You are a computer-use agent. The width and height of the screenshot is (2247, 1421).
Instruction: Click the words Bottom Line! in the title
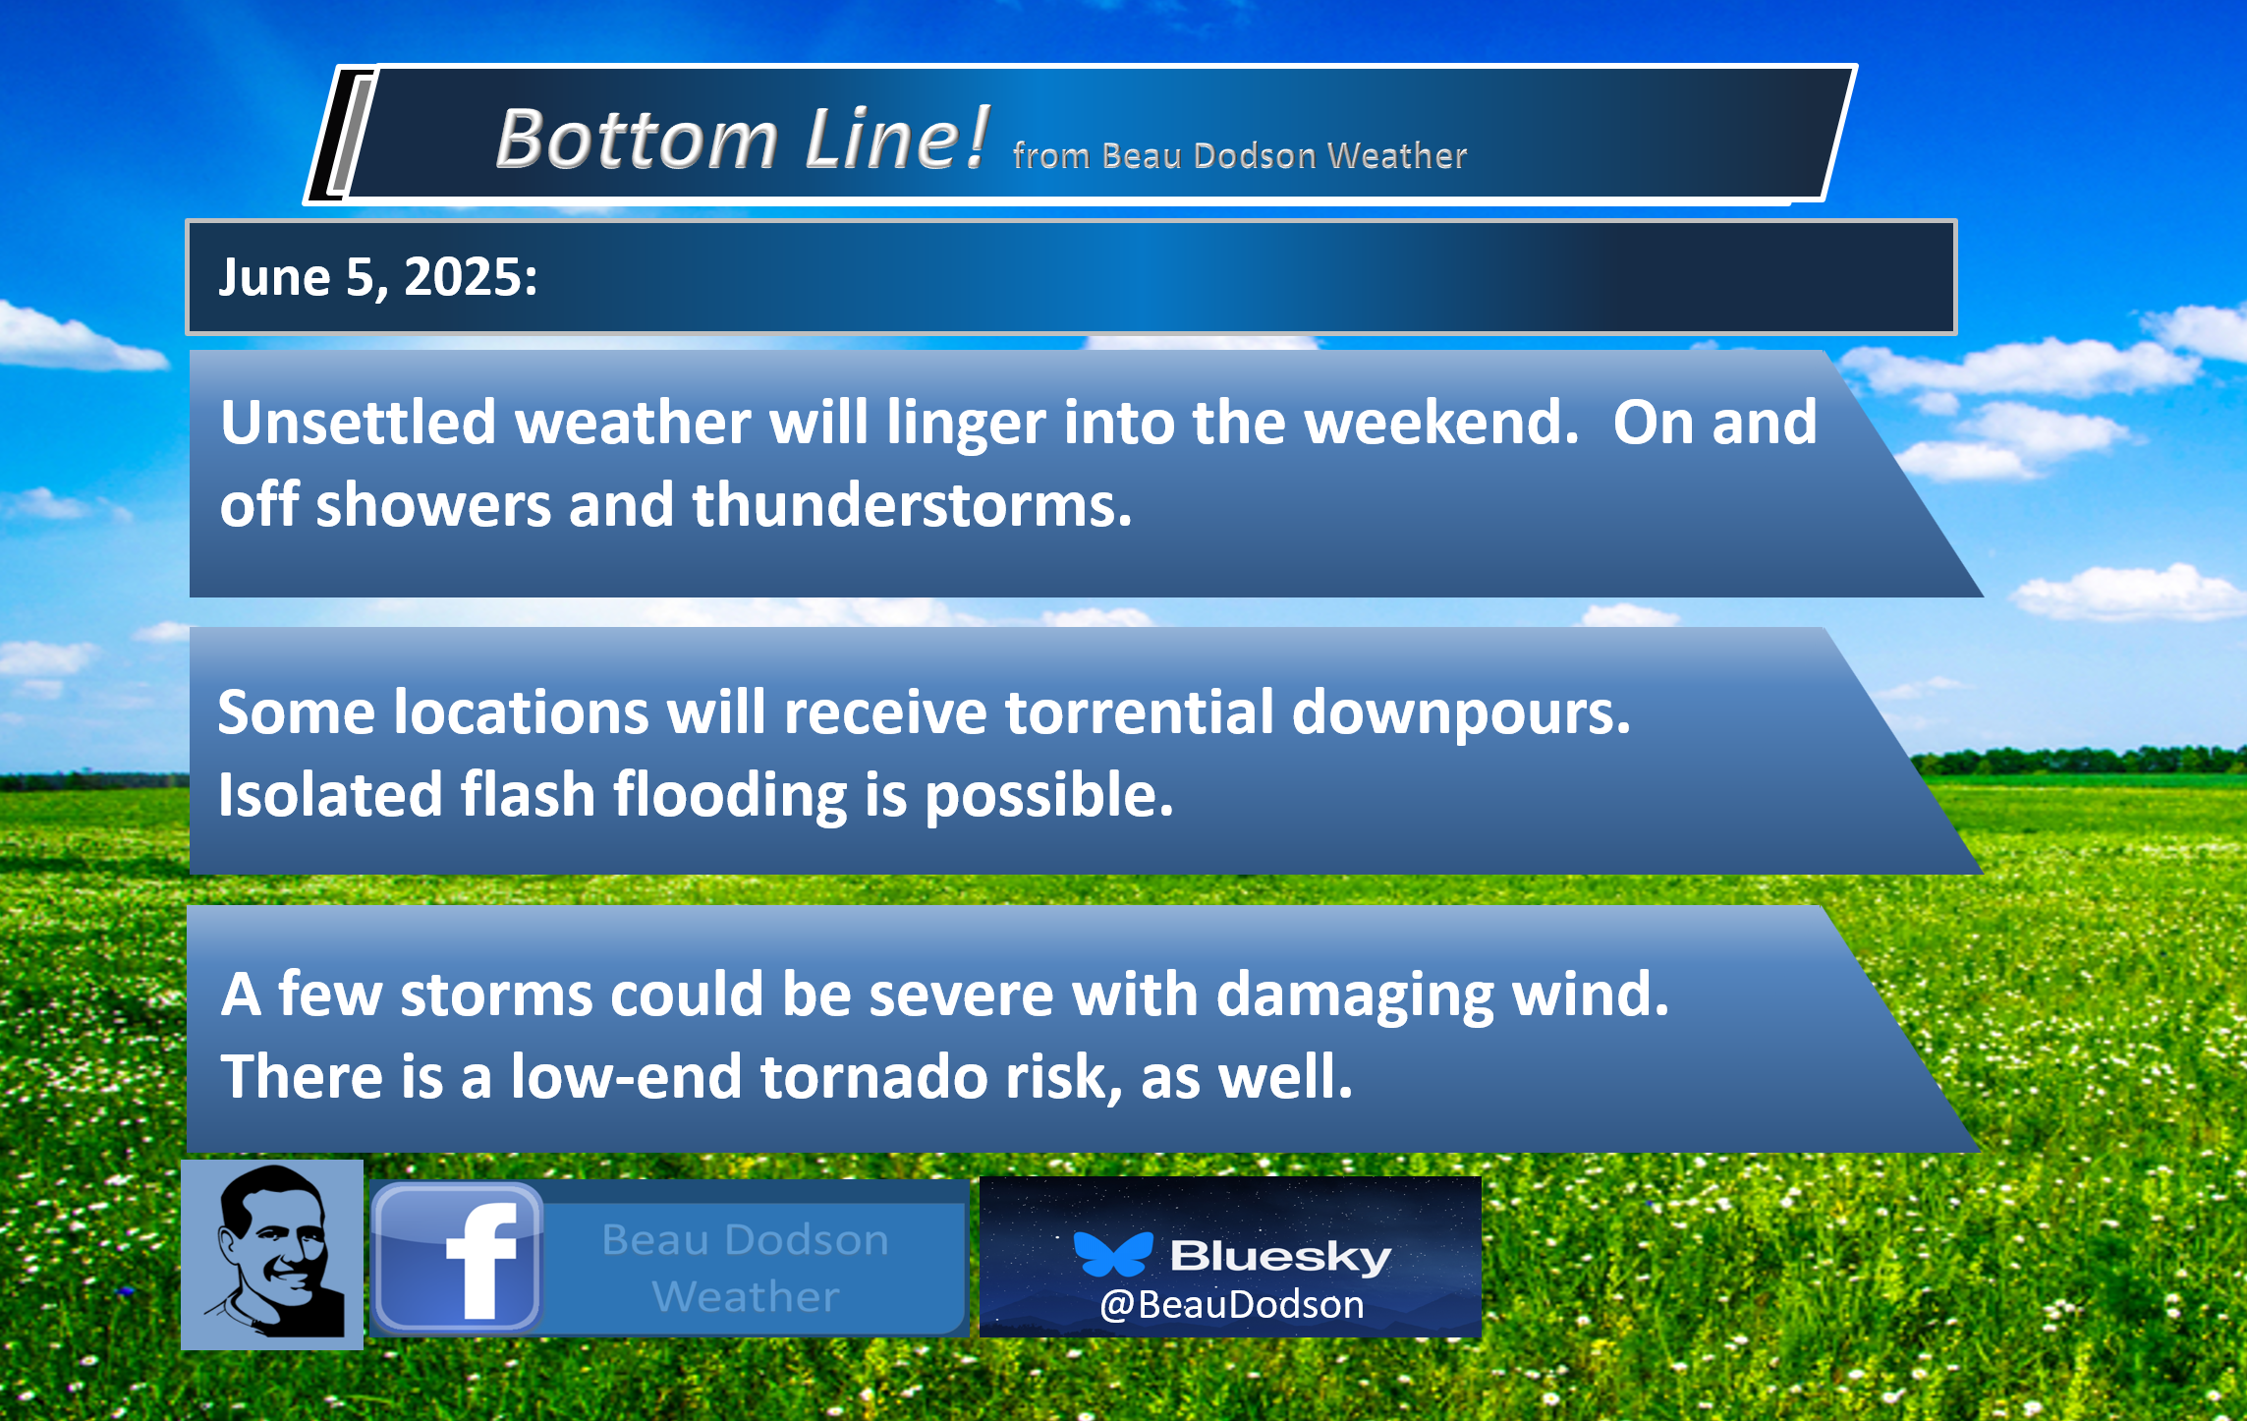pos(742,139)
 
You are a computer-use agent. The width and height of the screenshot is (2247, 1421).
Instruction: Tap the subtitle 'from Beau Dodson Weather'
pos(1240,156)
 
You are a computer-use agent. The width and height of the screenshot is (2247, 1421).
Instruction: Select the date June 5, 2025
pos(378,277)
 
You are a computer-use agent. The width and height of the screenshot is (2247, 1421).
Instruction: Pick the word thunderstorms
pos(912,505)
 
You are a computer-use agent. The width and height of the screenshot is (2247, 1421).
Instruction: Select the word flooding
pos(730,797)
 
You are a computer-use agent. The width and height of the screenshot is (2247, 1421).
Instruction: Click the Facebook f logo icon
pos(457,1258)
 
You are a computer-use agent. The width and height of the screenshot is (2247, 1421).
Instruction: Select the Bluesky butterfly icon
pos(1113,1254)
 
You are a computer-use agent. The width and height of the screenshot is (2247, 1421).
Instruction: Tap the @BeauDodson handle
pos(1232,1305)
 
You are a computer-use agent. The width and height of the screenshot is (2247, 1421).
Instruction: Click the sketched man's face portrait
pos(272,1254)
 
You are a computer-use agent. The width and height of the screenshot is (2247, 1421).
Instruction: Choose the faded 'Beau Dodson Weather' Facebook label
pos(745,1268)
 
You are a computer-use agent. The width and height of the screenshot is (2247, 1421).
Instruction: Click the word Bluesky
pos(1280,1257)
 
